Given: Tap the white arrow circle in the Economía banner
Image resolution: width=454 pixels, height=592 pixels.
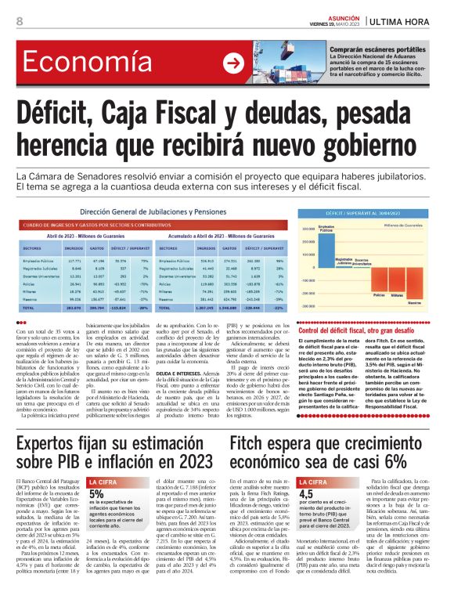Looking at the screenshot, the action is coord(233,63).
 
